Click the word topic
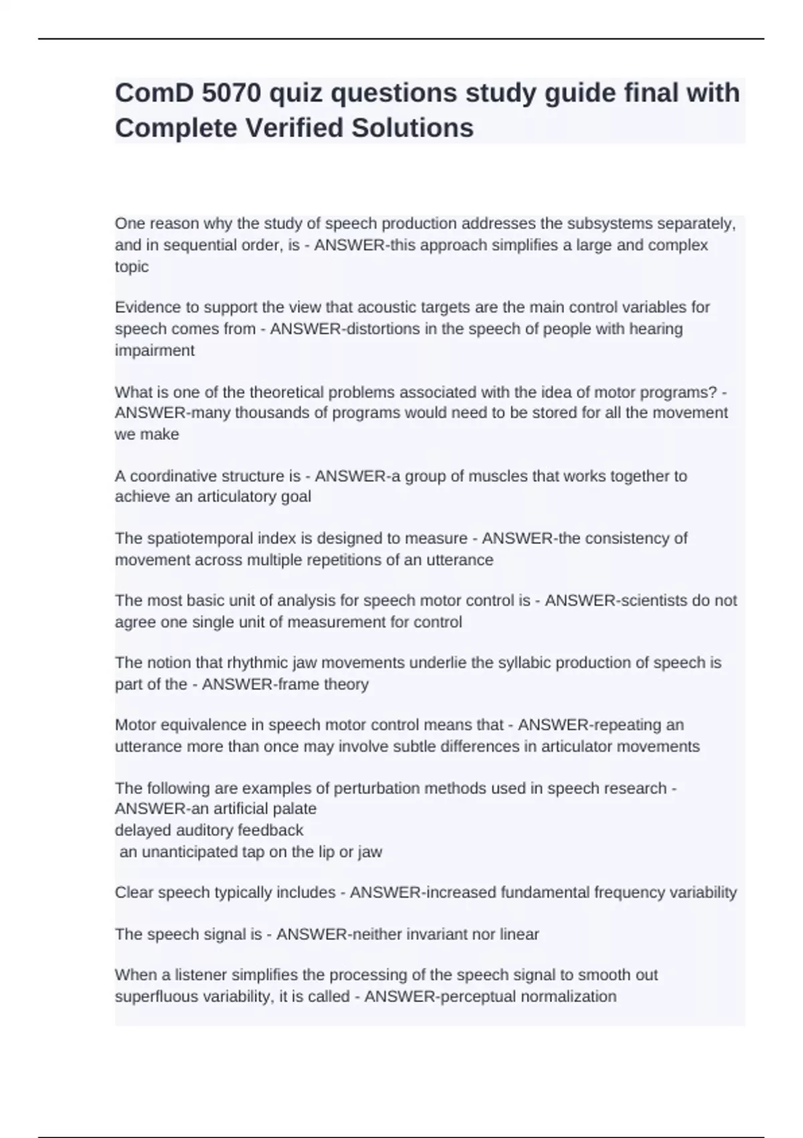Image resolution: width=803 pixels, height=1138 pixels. (x=132, y=266)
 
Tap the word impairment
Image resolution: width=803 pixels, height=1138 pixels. (x=155, y=350)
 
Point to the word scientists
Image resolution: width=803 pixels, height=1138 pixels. (x=654, y=600)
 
